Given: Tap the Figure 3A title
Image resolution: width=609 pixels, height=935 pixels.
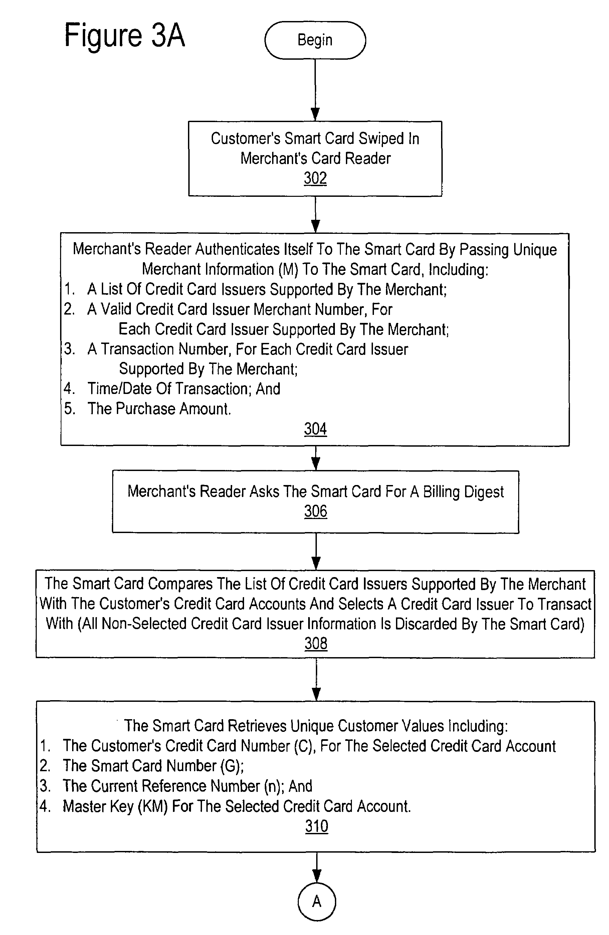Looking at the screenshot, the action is coord(124,35).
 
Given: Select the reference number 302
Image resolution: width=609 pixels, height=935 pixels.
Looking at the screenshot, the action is coord(315,178).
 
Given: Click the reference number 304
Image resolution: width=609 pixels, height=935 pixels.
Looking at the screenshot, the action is coord(315,429).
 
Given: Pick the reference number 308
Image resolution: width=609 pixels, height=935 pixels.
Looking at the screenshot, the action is coord(316,643).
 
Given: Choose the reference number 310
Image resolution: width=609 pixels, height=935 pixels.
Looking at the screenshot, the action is coord(317,826).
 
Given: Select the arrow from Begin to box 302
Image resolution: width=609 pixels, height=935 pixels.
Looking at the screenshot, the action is coord(315,90).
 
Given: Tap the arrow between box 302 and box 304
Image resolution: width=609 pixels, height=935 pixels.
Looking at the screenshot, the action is coord(315,214).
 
